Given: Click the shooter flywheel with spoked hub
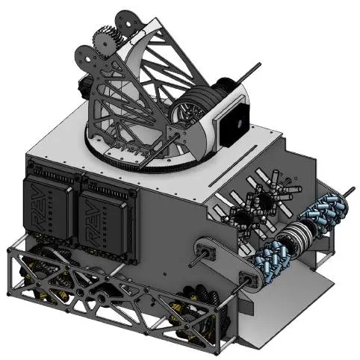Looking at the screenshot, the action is point(188,110).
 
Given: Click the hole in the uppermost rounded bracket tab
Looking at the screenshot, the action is point(128,24).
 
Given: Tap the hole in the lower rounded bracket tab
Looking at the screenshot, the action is point(87,59).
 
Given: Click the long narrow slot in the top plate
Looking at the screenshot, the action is point(233,166).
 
